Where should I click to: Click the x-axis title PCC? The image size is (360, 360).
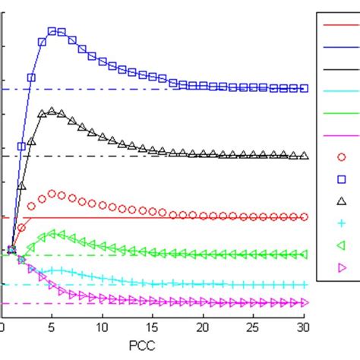153,346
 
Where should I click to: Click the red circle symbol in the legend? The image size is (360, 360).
341,157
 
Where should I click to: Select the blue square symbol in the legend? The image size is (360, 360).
341,179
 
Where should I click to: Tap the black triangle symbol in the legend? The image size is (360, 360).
341,201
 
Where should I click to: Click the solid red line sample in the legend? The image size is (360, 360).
341,25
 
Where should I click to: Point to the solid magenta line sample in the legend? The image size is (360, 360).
341,135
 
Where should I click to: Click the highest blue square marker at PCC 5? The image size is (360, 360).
52,31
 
